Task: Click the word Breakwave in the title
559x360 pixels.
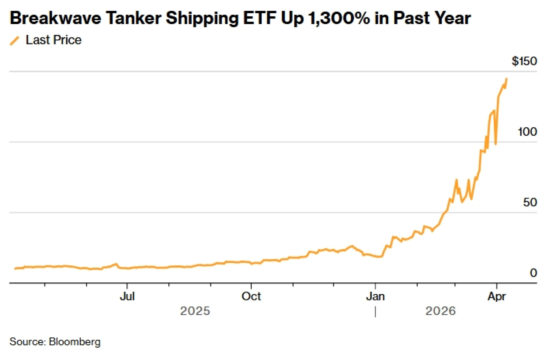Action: click(55, 18)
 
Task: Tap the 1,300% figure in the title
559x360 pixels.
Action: click(338, 18)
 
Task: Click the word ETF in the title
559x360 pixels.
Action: click(260, 18)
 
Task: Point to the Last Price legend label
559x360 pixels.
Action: click(53, 40)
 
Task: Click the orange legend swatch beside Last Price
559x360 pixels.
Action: click(15, 40)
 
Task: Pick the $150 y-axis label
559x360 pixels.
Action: click(524, 61)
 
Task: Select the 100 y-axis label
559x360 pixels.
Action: click(527, 132)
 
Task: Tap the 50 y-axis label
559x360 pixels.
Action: click(530, 202)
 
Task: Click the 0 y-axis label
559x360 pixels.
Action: click(533, 273)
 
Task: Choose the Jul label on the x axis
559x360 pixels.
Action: click(127, 296)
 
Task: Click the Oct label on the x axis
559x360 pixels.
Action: click(251, 296)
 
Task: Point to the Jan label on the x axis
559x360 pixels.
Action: click(375, 296)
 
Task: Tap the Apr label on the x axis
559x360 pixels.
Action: click(496, 296)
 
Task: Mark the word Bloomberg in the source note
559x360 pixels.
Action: click(75, 342)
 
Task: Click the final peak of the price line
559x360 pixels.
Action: click(506, 79)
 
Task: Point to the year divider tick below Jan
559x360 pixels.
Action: click(375, 312)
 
